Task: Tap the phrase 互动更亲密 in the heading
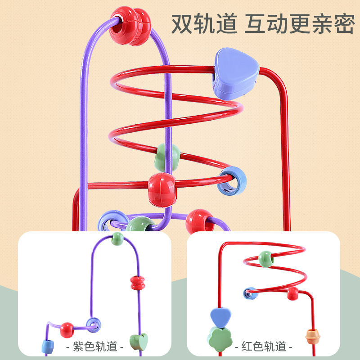click(x=299, y=23)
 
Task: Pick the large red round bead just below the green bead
click(x=162, y=187)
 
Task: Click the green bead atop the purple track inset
click(x=117, y=238)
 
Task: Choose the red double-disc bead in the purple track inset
click(x=138, y=283)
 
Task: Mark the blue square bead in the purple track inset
click(x=48, y=346)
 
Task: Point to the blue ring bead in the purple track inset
click(x=94, y=324)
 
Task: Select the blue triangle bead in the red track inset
click(x=219, y=316)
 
